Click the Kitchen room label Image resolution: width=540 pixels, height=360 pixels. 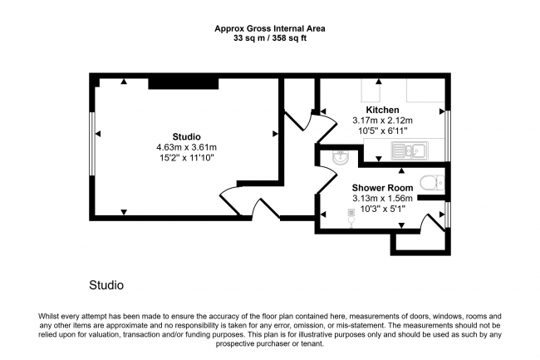[382, 110]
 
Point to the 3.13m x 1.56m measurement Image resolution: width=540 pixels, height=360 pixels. [381, 199]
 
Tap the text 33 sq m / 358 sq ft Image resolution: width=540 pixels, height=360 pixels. [270, 37]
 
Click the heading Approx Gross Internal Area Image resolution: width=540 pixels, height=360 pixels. [270, 28]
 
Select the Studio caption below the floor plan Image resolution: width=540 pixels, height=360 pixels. [106, 285]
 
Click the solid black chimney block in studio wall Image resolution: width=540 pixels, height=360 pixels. [184, 82]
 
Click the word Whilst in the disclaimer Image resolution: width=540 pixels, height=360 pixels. [52, 317]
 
